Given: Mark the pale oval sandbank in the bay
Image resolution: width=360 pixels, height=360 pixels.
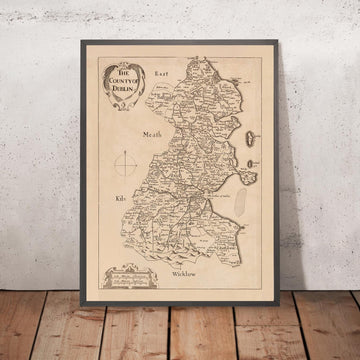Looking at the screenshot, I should pyautogui.click(x=241, y=194).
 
